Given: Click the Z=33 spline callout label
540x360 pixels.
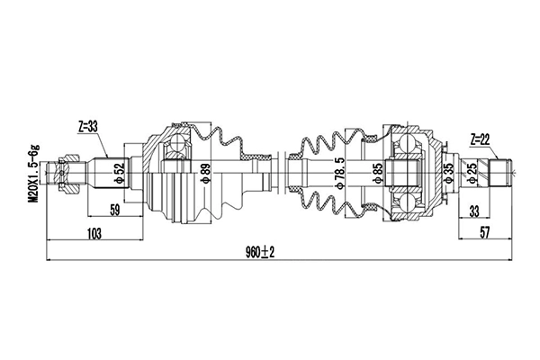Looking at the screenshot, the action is click(x=88, y=127).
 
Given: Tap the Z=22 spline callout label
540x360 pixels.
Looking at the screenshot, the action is click(x=480, y=139).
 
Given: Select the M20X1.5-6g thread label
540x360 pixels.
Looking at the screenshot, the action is click(x=35, y=174).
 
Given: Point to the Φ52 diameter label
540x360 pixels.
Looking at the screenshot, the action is click(x=120, y=174).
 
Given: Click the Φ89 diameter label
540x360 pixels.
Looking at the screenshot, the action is click(x=205, y=174).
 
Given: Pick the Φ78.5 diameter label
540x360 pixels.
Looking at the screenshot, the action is click(x=340, y=174).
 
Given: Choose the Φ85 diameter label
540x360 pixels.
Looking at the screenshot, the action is click(x=378, y=174).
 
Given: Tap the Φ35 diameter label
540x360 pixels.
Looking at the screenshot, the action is click(x=449, y=174).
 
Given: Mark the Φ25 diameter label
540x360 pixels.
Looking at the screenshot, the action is click(x=472, y=174).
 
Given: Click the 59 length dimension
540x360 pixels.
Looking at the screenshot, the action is click(x=114, y=210).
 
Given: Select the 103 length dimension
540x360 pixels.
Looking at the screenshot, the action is click(x=94, y=234).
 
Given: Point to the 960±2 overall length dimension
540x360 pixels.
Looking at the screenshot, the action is click(x=260, y=253).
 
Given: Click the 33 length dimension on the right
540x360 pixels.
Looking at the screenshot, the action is click(x=474, y=211).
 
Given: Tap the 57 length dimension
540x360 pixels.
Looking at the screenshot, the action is click(x=484, y=233).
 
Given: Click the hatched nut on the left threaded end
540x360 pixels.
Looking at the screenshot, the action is click(x=69, y=173).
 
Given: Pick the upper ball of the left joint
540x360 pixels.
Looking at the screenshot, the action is click(x=177, y=142).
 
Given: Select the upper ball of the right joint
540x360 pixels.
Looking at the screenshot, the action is click(x=408, y=142).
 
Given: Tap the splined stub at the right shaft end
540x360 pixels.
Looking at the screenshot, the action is click(x=500, y=173).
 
